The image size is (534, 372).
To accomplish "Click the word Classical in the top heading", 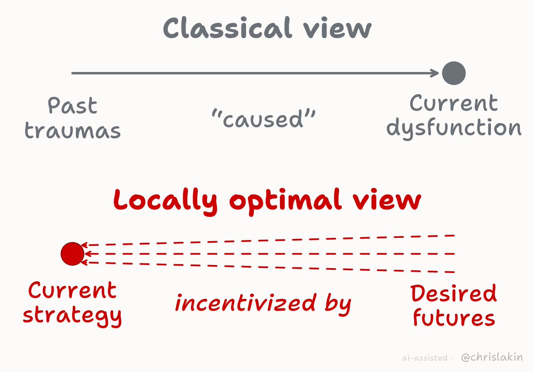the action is (x=227, y=28).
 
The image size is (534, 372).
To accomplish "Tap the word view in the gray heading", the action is (x=337, y=28).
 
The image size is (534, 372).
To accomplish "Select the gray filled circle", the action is (x=453, y=73).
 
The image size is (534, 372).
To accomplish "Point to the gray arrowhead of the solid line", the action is (x=434, y=73).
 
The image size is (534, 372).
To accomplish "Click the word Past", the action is (x=73, y=105).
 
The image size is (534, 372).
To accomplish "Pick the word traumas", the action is (x=73, y=131).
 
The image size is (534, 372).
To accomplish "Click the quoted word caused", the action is (x=263, y=119).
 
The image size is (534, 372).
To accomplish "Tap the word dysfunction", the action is (x=454, y=128).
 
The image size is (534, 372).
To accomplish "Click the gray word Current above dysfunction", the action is (x=453, y=103).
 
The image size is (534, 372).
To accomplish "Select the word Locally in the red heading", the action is (x=166, y=202).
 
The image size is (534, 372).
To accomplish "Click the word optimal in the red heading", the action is (x=286, y=202).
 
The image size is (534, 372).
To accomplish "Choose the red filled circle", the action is (x=73, y=254).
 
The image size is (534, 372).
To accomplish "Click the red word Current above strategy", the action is (x=72, y=290).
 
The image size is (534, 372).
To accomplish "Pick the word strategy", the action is (x=72, y=316).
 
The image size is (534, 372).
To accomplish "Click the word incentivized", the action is (x=246, y=303).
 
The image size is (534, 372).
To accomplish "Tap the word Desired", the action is (x=453, y=293).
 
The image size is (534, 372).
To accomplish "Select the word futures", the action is (x=454, y=317).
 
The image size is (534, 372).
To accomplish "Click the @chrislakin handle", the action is (x=492, y=357).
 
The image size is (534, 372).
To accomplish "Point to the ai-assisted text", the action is (x=425, y=358).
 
